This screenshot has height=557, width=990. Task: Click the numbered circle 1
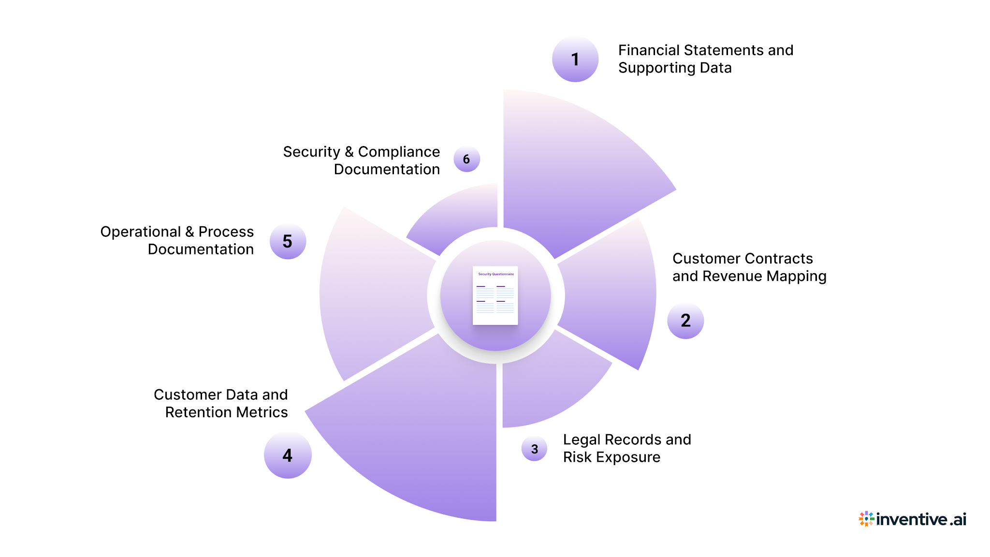pyautogui.click(x=575, y=59)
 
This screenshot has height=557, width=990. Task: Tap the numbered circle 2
pyautogui.click(x=685, y=321)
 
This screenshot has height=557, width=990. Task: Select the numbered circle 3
pyautogui.click(x=534, y=449)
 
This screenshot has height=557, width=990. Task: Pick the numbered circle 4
pyautogui.click(x=288, y=455)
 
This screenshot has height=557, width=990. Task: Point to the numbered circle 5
pyautogui.click(x=288, y=241)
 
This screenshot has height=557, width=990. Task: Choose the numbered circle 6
pyautogui.click(x=466, y=159)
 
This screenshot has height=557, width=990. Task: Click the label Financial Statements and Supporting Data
pyautogui.click(x=705, y=59)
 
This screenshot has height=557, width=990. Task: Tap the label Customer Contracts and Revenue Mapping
pyautogui.click(x=749, y=267)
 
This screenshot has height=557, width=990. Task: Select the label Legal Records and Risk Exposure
pyautogui.click(x=626, y=448)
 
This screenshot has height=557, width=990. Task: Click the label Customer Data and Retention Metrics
pyautogui.click(x=221, y=403)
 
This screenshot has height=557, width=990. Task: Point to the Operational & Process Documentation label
pyautogui.click(x=177, y=240)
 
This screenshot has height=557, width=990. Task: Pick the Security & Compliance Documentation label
pyautogui.click(x=362, y=161)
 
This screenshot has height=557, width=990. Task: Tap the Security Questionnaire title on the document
pyautogui.click(x=496, y=274)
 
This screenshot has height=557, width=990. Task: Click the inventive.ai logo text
pyautogui.click(x=921, y=519)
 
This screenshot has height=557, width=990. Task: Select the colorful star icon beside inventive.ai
pyautogui.click(x=866, y=519)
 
